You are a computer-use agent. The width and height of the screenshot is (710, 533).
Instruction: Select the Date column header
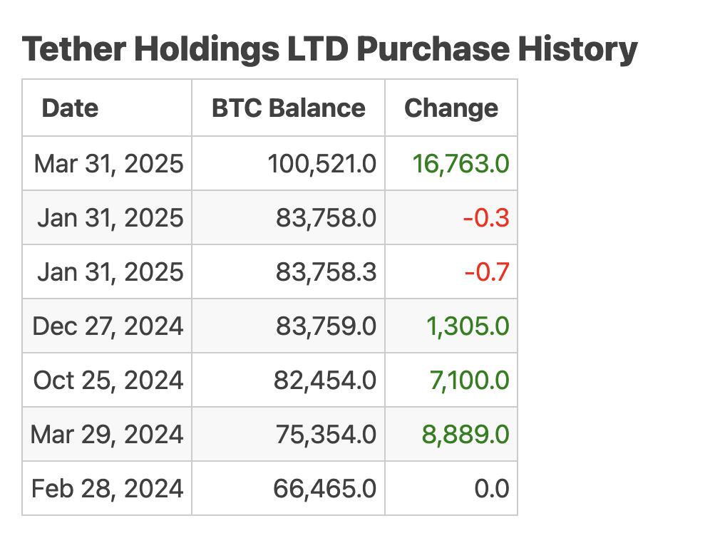70,108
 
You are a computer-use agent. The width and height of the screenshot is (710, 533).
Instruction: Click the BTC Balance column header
289,108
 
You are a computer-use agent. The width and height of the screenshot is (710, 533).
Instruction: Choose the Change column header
451,108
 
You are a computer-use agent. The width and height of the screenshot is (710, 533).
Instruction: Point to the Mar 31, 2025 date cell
108,164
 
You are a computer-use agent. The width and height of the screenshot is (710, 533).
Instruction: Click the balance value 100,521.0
322,164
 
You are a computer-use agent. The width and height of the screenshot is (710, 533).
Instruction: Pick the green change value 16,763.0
461,164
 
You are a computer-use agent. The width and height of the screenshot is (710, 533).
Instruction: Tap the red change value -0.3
486,218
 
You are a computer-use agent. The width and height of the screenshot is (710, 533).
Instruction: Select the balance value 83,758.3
326,272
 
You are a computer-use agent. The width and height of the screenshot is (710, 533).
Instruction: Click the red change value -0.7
486,272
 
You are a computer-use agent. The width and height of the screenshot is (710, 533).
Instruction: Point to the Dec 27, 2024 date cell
108,326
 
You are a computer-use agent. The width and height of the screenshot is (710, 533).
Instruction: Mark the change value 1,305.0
468,326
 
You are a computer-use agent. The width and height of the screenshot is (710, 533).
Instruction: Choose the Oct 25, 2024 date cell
108,381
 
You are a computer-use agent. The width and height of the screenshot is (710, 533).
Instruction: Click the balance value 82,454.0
325,381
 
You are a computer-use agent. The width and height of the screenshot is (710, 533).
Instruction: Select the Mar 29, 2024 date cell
107,435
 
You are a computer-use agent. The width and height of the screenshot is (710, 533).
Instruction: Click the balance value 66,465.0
325,489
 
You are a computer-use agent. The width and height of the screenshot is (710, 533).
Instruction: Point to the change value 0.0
492,489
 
